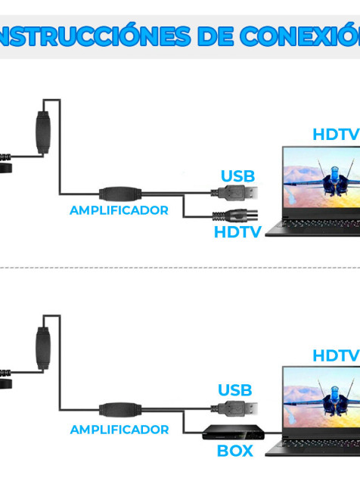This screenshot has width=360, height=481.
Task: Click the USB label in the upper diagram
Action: tap(238, 176)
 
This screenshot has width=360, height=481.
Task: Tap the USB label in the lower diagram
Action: tap(235, 390)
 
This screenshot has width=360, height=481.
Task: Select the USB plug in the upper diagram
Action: tap(234, 193)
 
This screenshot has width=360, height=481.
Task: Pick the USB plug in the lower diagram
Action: tap(234, 408)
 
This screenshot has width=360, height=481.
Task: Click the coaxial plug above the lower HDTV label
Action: tap(235, 216)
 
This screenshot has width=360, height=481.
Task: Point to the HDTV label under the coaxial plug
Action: tap(237, 232)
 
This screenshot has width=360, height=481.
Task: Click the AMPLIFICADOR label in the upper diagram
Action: tap(119, 210)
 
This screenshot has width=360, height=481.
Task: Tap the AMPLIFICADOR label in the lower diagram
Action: tap(119, 430)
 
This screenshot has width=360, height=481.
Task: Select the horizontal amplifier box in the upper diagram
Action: tap(120, 194)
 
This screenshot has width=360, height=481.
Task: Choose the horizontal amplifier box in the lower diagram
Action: tap(120, 409)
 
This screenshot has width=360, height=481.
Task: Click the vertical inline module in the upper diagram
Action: tap(43, 132)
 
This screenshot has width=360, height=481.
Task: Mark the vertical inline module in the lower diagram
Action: tap(43, 348)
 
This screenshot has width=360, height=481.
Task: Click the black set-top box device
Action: tap(233, 433)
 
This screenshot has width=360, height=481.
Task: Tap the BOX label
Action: tap(235, 451)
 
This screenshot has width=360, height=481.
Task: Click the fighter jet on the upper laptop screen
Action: tap(334, 181)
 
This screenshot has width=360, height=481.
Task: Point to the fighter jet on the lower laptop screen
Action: tap(334, 398)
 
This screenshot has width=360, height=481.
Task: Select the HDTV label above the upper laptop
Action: tap(336, 135)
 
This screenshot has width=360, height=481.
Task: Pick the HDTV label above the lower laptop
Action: tap(336, 355)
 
